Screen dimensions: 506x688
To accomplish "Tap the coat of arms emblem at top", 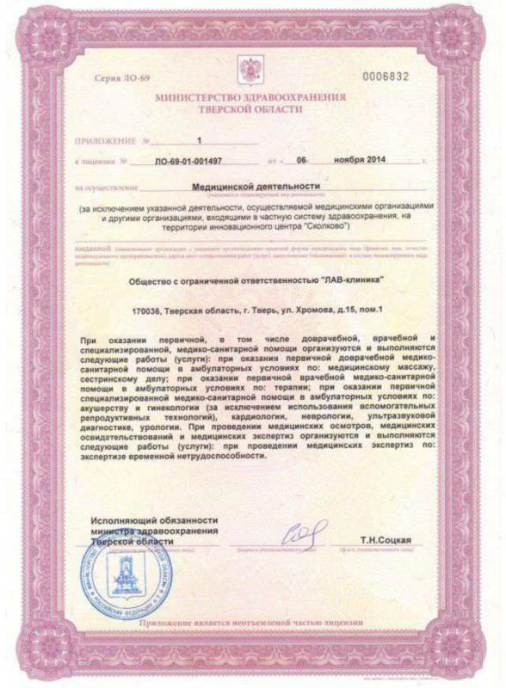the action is pos(253,69).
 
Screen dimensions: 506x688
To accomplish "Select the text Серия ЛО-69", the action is pos(122,79).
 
